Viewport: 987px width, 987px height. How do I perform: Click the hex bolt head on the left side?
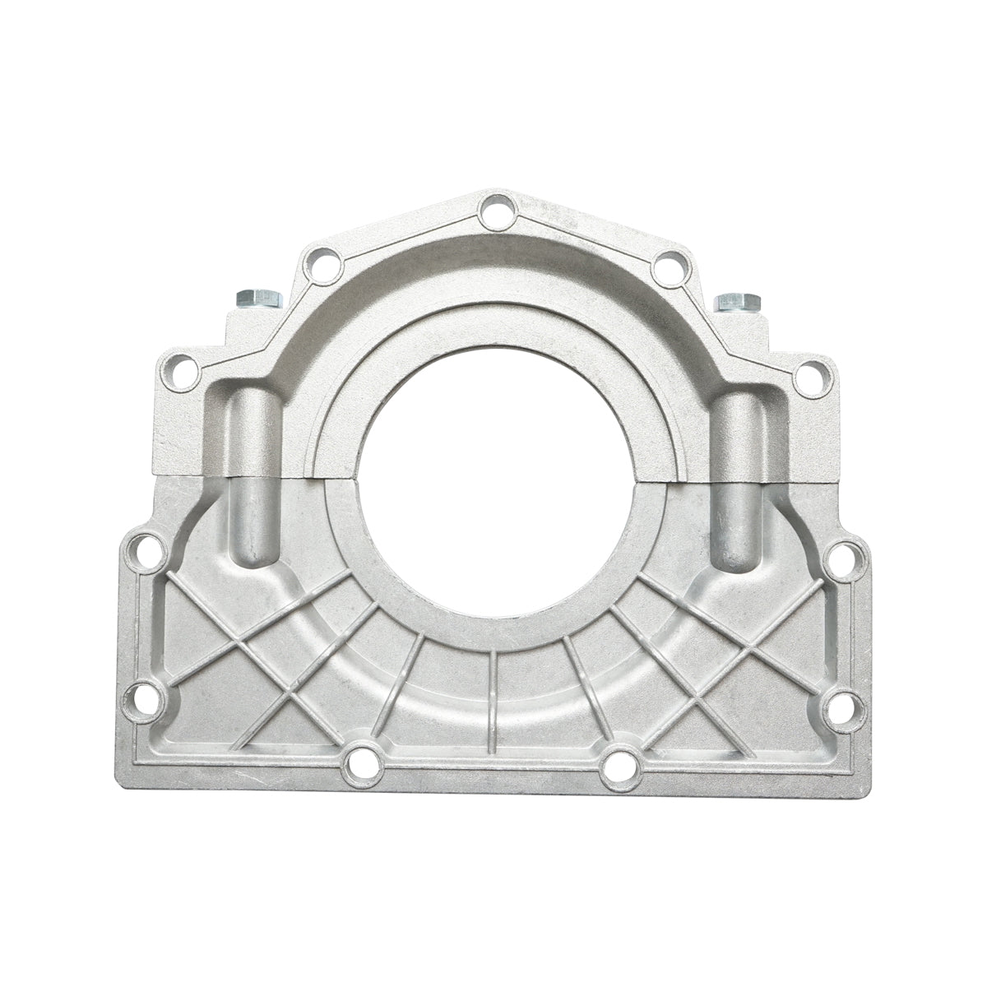coord(258,298)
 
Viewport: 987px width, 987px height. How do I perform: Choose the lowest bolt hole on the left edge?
coord(141,697)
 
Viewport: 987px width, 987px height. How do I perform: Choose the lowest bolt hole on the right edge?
coord(846,708)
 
